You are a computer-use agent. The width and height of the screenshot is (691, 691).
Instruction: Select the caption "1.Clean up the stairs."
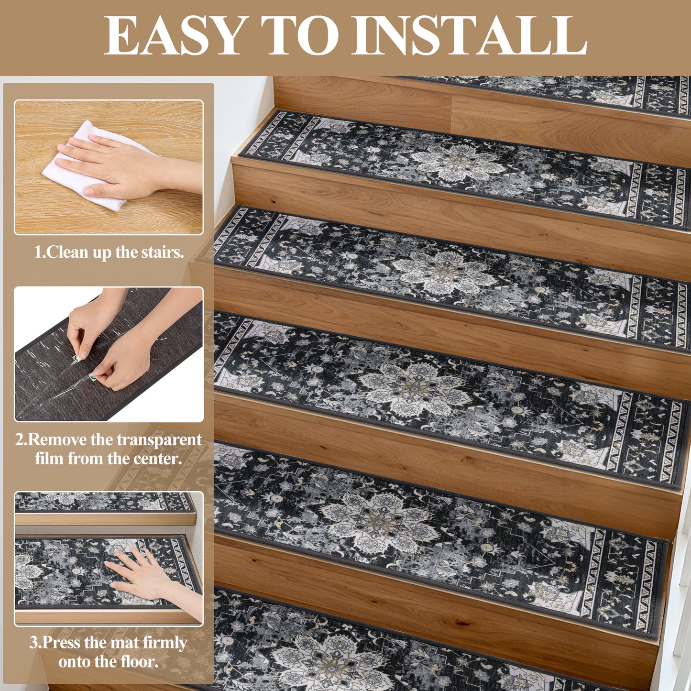(x=109, y=252)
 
